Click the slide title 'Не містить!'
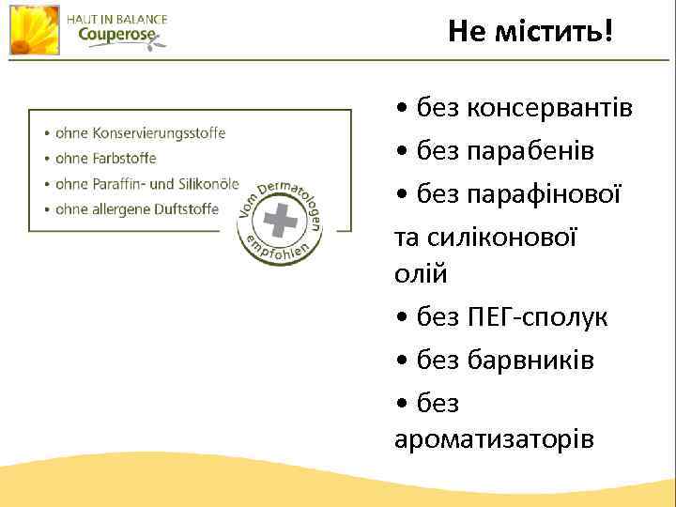pos(530,33)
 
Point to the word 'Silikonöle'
pos(208,184)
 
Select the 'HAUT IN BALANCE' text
pos(116,19)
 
